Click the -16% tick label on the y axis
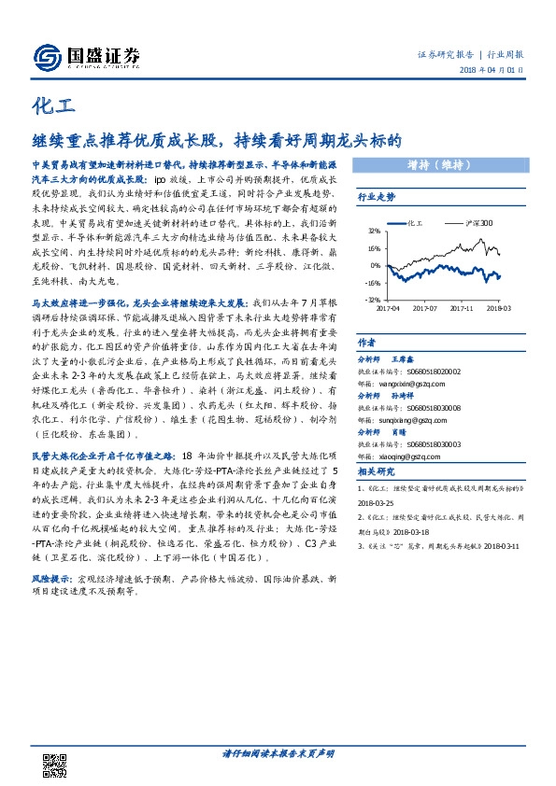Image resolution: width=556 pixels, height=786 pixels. [x=371, y=282]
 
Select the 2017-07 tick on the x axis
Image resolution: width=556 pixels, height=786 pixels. [x=425, y=307]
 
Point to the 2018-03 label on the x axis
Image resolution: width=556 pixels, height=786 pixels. [x=499, y=307]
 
